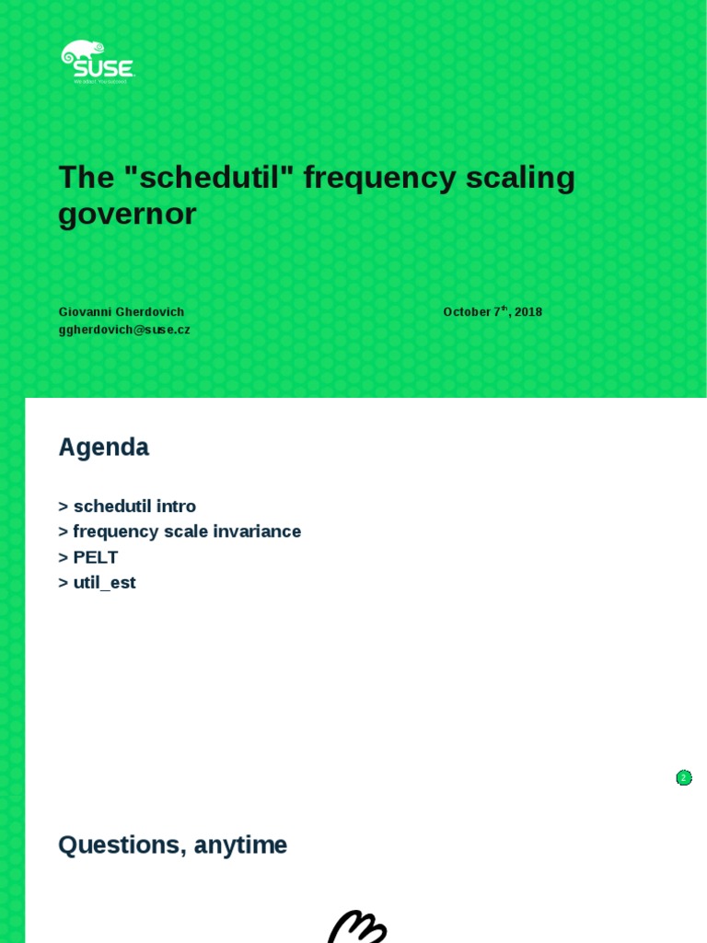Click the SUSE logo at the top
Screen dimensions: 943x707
point(98,63)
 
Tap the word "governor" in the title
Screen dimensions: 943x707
point(127,214)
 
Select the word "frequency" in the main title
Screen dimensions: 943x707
point(379,177)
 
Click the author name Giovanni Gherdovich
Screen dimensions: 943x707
point(122,312)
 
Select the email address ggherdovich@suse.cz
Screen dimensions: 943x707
point(124,330)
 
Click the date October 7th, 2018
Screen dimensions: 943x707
point(493,312)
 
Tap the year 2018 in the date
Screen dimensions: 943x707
point(528,312)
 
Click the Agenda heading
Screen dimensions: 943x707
point(103,448)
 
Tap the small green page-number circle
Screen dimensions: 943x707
point(684,778)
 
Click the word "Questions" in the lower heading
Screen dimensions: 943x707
point(118,845)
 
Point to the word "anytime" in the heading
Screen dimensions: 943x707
point(239,845)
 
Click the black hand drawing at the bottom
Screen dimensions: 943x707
point(357,926)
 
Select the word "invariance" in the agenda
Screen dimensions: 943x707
point(258,531)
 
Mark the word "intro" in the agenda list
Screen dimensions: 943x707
point(177,506)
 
